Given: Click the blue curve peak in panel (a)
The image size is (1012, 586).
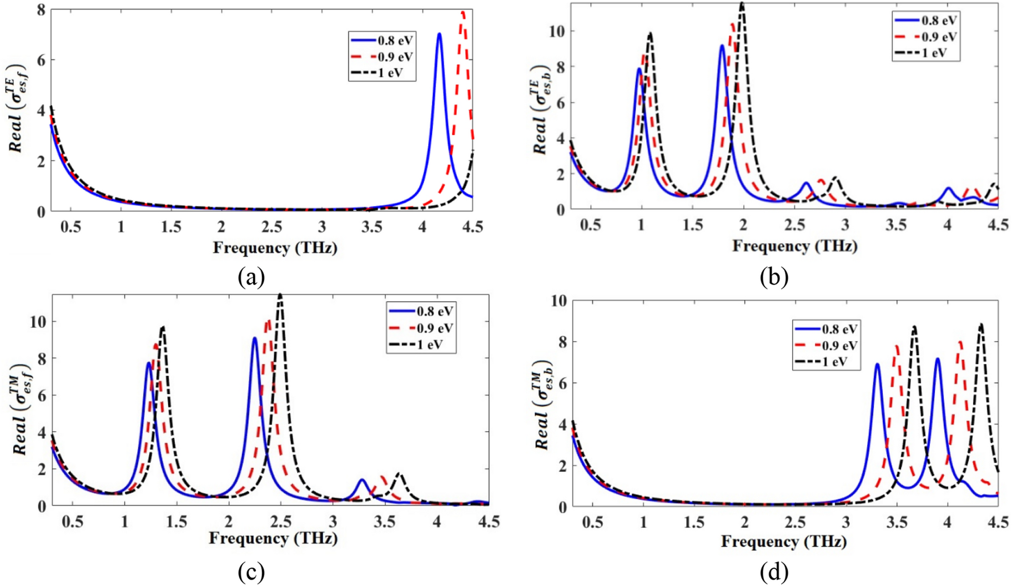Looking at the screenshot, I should pyautogui.click(x=439, y=34).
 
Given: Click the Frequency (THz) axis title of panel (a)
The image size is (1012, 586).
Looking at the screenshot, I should pyautogui.click(x=275, y=247).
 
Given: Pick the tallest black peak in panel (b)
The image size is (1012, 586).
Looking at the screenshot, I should pyautogui.click(x=742, y=4).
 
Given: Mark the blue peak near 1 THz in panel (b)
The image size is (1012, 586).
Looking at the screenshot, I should pyautogui.click(x=639, y=69).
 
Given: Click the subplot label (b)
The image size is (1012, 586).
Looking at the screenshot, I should pyautogui.click(x=774, y=276).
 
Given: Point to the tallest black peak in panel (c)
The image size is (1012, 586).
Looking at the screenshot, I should pyautogui.click(x=280, y=295).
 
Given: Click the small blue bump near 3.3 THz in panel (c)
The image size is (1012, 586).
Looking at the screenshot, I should pyautogui.click(x=362, y=481).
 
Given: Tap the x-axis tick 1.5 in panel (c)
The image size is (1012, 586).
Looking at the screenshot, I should pyautogui.click(x=176, y=522).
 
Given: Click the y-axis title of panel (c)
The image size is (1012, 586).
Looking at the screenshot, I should pyautogui.click(x=21, y=410).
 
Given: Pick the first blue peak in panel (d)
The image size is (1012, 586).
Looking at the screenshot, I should pyautogui.click(x=877, y=365).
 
